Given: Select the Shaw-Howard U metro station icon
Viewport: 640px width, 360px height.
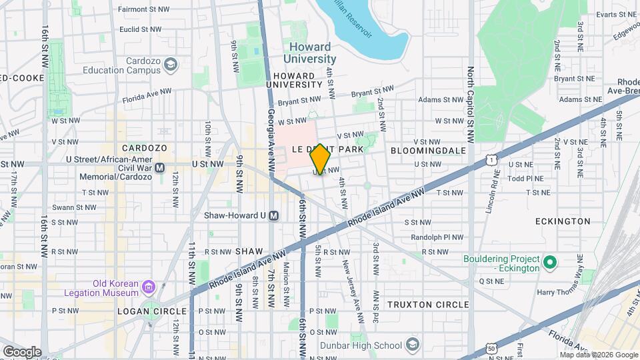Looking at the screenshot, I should tap(283, 215).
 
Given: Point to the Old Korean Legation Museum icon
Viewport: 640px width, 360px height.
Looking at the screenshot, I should tap(149, 288).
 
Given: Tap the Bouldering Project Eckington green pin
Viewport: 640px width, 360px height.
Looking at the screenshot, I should tap(550, 263).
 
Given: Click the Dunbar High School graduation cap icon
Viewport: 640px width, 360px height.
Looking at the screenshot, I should tap(413, 345).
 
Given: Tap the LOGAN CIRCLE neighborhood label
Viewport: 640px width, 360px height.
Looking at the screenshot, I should tap(142, 311).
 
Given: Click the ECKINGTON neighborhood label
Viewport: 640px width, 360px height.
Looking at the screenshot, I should tap(563, 221).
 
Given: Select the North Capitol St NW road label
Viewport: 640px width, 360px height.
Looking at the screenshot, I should tap(471, 105).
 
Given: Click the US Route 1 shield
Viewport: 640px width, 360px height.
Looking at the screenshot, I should tap(491, 159).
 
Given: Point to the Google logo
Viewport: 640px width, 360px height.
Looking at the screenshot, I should tap(22, 351).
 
